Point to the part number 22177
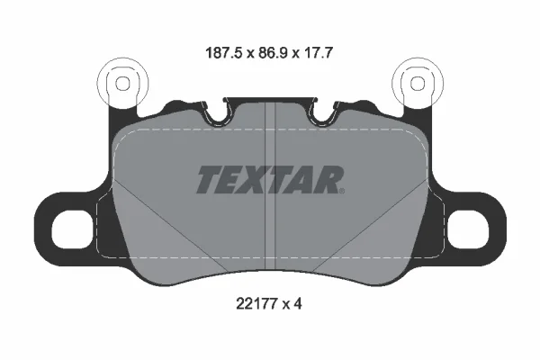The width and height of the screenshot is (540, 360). click(256, 304)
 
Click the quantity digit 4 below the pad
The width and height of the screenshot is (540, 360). click(298, 304)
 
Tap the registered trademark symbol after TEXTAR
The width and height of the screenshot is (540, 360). click(341, 191)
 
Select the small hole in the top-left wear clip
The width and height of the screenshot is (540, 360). click(122, 84)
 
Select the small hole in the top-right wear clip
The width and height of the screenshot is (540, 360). click(418, 84)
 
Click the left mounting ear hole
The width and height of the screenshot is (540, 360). click(72, 229)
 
